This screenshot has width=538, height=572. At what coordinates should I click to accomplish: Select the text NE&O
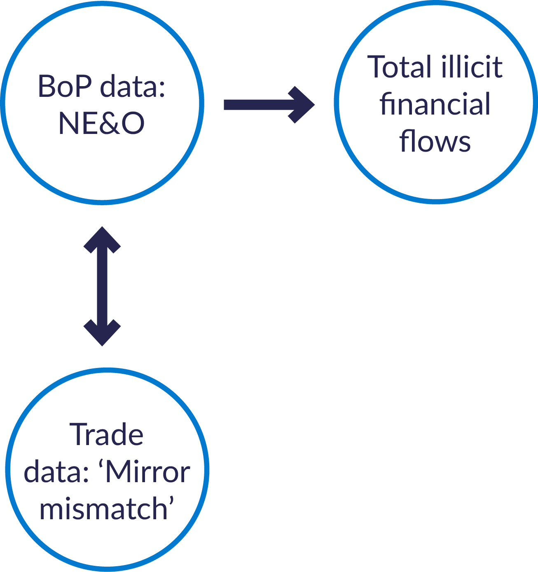tap(101, 123)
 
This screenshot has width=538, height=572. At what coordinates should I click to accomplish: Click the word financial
tap(435, 104)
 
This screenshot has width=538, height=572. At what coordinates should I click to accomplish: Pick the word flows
tap(435, 141)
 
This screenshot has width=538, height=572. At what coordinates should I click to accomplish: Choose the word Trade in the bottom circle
tap(107, 435)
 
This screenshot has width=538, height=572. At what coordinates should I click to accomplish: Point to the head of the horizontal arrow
tap(303, 105)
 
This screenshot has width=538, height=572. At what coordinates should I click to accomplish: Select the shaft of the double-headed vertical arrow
tap(102, 286)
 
